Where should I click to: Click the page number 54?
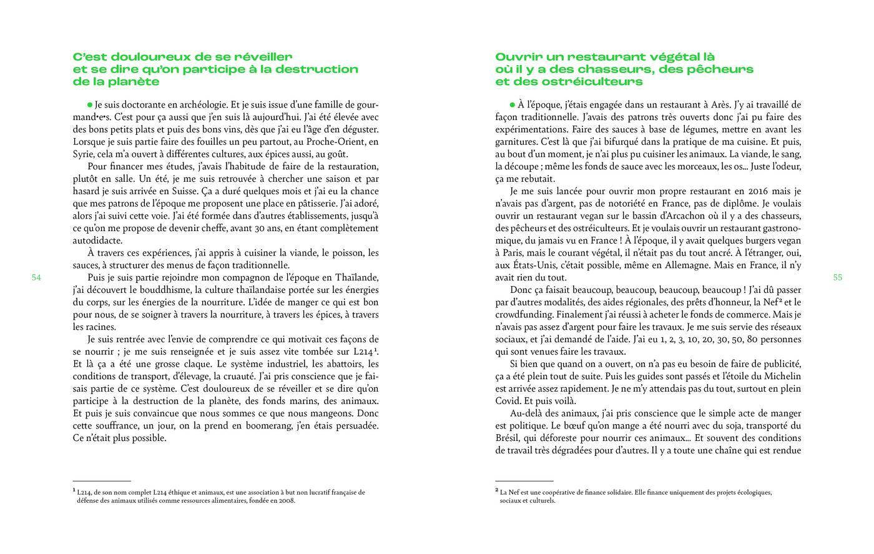[x=36, y=277]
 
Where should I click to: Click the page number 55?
[x=838, y=277]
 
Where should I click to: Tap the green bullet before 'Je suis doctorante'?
[x=90, y=105]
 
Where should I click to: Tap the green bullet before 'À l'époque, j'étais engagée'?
[x=513, y=105]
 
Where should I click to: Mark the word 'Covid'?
[x=508, y=400]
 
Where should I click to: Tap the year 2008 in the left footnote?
[x=286, y=500]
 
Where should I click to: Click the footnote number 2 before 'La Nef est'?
[x=497, y=491]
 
